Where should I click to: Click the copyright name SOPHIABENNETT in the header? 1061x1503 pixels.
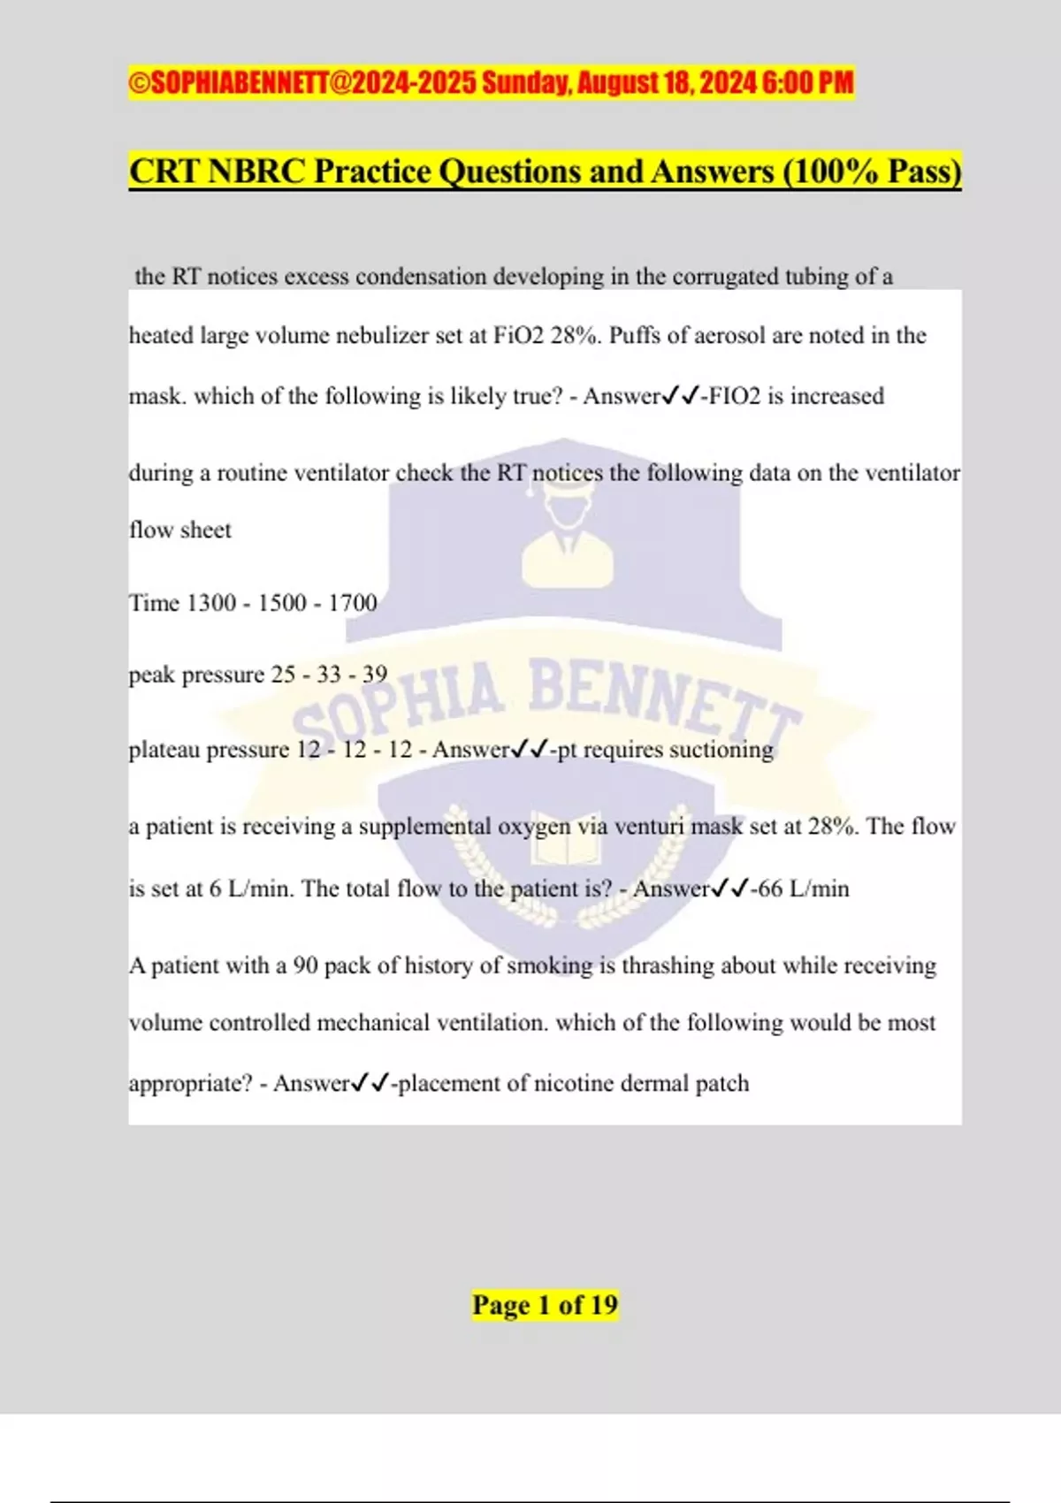240,83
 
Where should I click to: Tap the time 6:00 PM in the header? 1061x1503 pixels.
808,83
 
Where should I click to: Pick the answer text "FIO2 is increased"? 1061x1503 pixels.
797,396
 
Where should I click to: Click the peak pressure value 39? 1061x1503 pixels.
375,675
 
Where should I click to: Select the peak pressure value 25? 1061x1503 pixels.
283,675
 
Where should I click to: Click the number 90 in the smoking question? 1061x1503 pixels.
305,965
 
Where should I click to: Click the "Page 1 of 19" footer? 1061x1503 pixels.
545,1305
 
